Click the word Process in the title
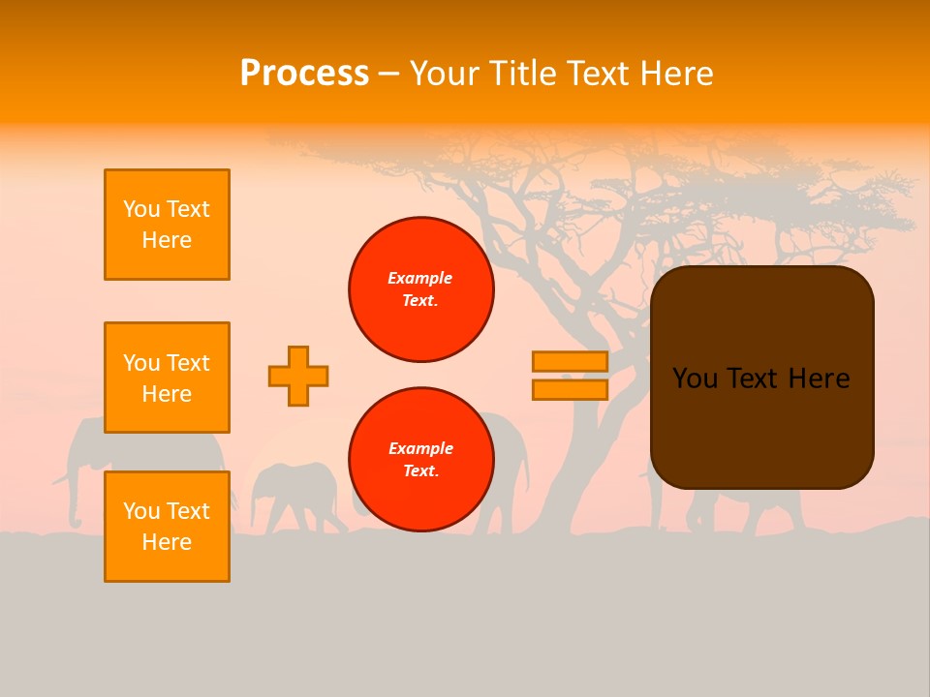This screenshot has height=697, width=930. click(304, 74)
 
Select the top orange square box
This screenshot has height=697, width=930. click(167, 225)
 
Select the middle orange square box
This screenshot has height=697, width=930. click(167, 378)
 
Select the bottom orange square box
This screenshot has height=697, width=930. click(167, 527)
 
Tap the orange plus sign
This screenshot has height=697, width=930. click(298, 376)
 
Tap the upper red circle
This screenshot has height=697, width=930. click(420, 289)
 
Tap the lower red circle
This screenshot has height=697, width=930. click(420, 460)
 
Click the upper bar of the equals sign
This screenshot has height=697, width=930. click(570, 361)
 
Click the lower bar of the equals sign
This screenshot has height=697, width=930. click(570, 389)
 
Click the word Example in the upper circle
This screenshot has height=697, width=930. click(419, 278)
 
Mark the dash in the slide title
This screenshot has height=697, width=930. click(388, 74)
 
